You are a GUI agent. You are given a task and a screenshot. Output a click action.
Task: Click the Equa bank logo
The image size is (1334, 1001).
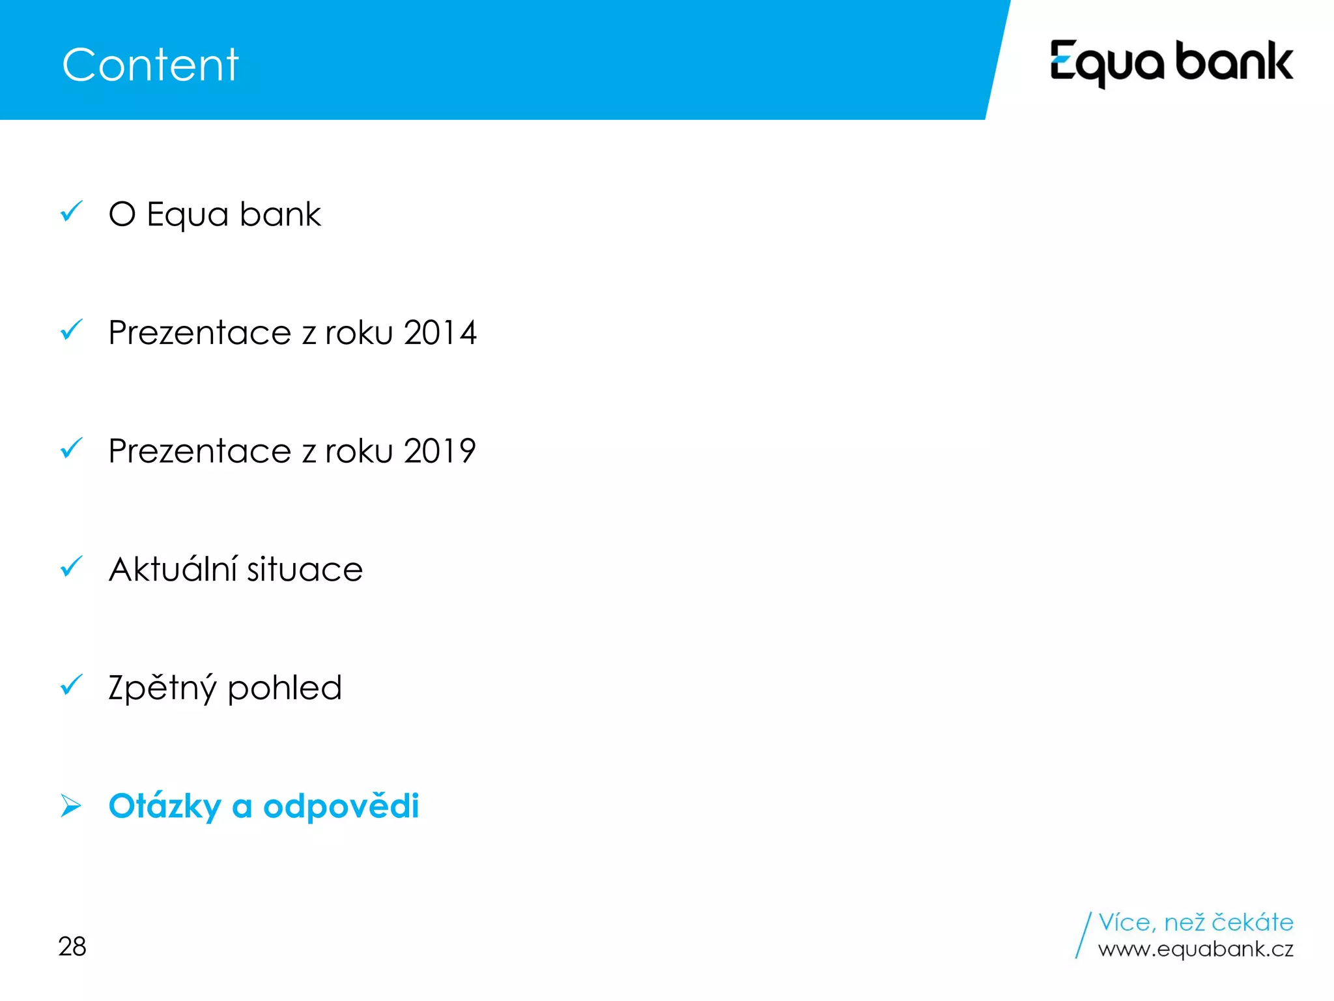[1171, 63]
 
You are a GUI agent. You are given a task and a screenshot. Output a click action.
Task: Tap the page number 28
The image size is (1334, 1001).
[72, 946]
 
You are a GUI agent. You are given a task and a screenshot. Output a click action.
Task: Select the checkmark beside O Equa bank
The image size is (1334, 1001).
[71, 212]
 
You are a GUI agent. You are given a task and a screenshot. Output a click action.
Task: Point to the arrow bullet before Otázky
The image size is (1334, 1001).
[70, 805]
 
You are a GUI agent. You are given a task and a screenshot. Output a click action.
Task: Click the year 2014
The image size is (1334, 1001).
[440, 333]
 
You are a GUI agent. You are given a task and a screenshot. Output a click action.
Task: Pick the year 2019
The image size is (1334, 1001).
[440, 451]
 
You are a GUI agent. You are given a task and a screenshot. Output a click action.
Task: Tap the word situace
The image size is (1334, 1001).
[304, 569]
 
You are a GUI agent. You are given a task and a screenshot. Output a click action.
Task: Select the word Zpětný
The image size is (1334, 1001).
[162, 688]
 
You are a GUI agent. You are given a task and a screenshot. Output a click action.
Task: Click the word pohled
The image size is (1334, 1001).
[285, 688]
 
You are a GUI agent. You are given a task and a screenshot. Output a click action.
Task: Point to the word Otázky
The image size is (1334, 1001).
[165, 807]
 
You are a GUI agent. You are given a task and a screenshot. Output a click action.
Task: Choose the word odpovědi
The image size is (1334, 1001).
[341, 806]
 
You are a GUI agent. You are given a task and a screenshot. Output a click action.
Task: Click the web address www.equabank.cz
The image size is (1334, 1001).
[1195, 949]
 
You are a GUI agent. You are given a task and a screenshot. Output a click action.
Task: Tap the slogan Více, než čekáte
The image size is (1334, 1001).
[1195, 922]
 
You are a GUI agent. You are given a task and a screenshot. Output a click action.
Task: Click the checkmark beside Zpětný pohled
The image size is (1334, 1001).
[71, 685]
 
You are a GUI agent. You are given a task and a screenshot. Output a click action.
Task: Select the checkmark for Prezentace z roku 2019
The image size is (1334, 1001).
[71, 448]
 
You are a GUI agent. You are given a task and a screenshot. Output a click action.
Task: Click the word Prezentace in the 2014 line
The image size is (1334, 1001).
[200, 333]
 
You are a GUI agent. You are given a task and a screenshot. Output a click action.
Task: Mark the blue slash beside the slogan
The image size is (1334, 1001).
[1083, 935]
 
